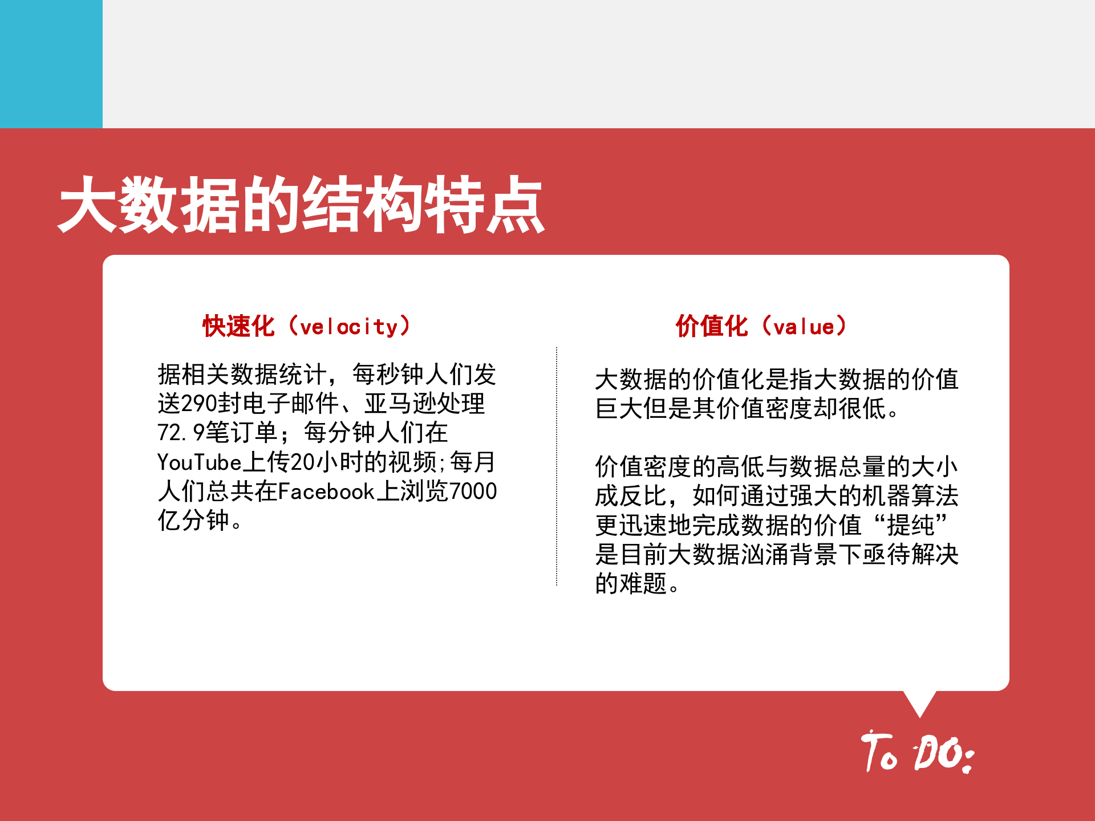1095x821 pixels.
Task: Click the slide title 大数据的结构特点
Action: point(301,205)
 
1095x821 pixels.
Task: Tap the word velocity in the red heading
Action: point(348,327)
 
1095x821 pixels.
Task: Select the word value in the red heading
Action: point(804,327)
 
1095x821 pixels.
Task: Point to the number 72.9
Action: point(180,433)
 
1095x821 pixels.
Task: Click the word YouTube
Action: point(200,462)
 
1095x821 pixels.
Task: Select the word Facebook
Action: point(326,491)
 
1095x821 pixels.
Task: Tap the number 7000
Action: point(473,491)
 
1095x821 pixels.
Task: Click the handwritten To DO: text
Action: point(917,753)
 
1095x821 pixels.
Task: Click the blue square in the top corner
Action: point(51,64)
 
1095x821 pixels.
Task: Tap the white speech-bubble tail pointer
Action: point(919,703)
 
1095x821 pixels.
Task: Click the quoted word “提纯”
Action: point(911,525)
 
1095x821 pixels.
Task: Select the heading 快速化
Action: point(239,327)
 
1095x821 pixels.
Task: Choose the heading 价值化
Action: point(712,327)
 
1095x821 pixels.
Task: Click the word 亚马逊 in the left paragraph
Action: point(400,404)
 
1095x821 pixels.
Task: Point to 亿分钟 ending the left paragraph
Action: point(193,521)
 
